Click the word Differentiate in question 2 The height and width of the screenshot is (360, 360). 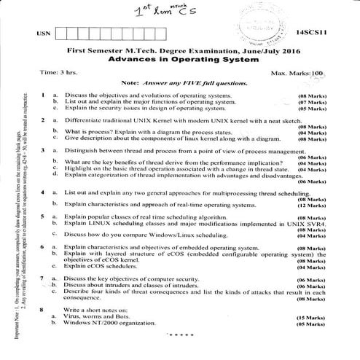[x=82, y=117]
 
